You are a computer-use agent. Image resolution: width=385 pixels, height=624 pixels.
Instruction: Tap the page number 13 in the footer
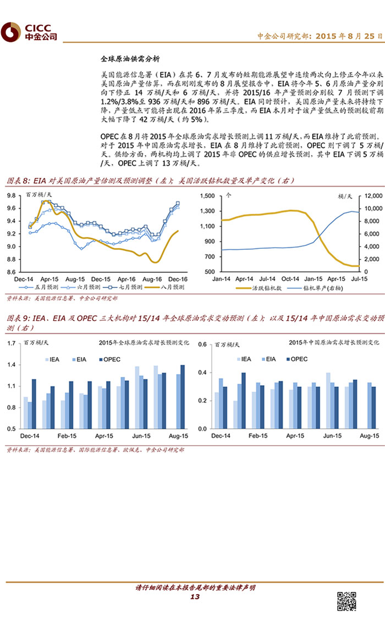click(x=194, y=598)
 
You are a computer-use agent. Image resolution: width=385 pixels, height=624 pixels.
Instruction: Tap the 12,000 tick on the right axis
click(x=371, y=195)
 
